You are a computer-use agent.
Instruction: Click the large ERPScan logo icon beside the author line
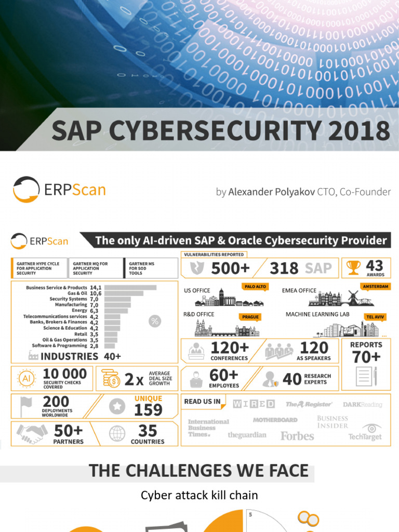point(26,190)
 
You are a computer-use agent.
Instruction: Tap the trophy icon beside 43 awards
point(353,268)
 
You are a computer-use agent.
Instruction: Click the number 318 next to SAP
point(284,268)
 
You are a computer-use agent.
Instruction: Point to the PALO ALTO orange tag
point(254,286)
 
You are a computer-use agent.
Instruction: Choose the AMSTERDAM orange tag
point(375,286)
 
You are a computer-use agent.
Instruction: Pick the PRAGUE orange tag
point(250,316)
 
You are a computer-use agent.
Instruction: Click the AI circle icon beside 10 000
point(26,378)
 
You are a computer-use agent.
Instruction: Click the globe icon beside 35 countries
point(117,434)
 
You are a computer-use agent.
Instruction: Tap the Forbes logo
point(297,436)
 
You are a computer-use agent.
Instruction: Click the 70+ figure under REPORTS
point(366,357)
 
